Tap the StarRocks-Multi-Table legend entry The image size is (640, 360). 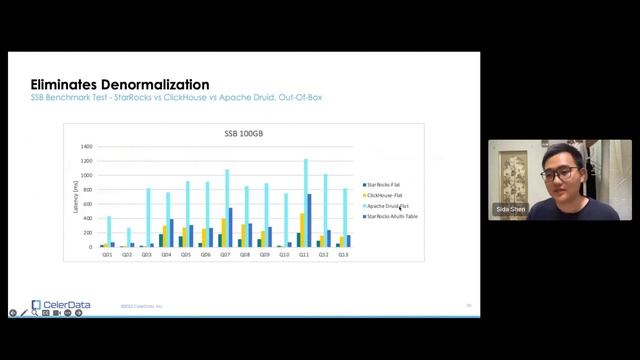(391, 216)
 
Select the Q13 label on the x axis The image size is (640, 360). (343, 254)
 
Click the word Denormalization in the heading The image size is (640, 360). (151, 85)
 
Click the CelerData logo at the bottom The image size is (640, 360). (55, 305)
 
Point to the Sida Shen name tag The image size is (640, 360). (510, 210)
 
